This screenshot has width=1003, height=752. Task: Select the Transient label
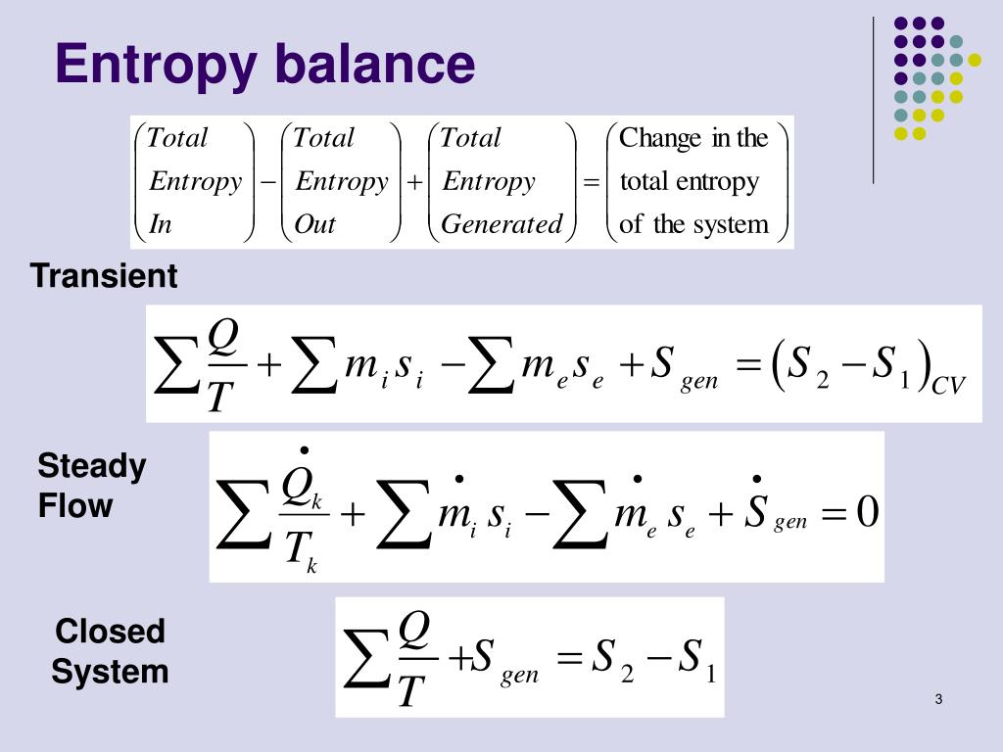(104, 277)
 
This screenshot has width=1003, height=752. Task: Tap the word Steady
(91, 467)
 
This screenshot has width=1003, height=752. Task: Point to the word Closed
(110, 632)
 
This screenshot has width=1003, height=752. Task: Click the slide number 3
(938, 699)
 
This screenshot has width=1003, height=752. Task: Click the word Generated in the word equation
(501, 224)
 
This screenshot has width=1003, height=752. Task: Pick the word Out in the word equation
(315, 224)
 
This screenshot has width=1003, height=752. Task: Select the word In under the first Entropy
(160, 224)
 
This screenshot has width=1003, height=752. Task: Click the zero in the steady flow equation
(867, 511)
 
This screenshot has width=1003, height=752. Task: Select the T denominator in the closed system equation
(412, 689)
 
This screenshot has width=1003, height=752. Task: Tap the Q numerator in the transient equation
(223, 338)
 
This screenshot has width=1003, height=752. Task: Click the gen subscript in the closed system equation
(519, 676)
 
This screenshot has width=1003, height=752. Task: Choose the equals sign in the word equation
(592, 182)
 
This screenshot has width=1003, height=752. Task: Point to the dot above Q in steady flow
(304, 450)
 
